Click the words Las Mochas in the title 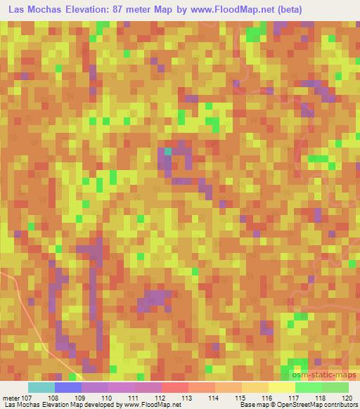31,9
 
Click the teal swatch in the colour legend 41,387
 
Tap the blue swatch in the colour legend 67,387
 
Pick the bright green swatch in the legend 308,387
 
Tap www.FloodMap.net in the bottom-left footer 150,405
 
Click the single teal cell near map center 167,151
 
